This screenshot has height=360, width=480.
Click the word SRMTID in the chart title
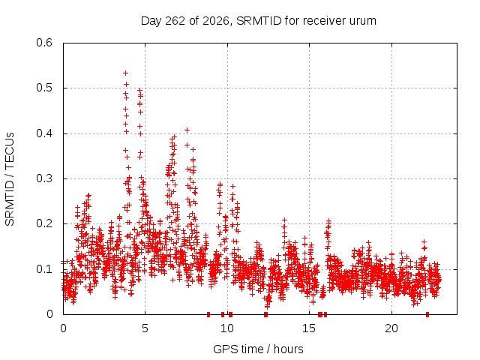coord(259,21)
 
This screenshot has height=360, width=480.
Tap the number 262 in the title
coord(175,21)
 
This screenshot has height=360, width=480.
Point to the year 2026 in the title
coord(216,21)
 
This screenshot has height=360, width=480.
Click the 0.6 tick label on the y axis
coord(44,43)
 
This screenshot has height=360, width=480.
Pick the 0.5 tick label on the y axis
coord(44,88)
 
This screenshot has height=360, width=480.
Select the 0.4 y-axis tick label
coord(44,133)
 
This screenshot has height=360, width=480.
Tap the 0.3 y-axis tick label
coord(44,178)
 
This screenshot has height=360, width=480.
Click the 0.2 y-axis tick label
coord(44,223)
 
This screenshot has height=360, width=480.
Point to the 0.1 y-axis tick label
coord(44,269)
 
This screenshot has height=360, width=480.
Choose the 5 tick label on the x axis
coord(145,328)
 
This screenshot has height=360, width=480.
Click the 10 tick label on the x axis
coord(227,328)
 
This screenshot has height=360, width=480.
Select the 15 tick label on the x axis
coord(309,328)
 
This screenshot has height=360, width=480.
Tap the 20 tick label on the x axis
coord(391,328)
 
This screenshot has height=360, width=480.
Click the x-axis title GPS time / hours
coord(258,349)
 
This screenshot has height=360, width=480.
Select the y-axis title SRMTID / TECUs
coord(10,179)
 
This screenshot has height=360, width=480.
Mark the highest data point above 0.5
coord(125,73)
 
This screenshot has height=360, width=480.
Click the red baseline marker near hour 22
coord(427,314)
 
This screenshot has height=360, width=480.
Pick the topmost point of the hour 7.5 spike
coord(187,130)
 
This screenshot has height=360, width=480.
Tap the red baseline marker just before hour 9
coord(208,314)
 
